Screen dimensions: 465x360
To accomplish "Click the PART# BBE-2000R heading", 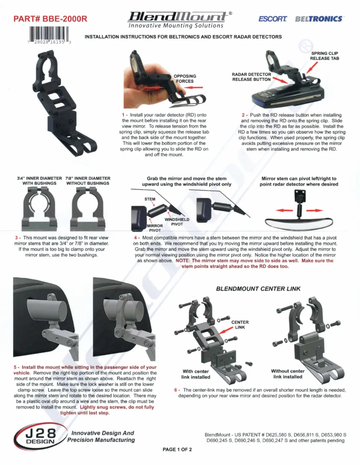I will pyautogui.click(x=50, y=19).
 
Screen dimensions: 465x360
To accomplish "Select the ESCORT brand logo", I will pyautogui.click(x=272, y=19).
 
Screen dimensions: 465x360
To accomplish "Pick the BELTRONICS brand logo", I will pyautogui.click(x=319, y=19).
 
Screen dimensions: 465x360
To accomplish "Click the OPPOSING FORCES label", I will pyautogui.click(x=184, y=78).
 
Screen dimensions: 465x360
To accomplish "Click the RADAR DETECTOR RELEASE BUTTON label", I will pyautogui.click(x=251, y=77).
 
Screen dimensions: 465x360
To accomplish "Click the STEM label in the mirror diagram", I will pyautogui.click(x=149, y=199).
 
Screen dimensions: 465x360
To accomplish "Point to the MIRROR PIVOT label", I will pyautogui.click(x=154, y=228).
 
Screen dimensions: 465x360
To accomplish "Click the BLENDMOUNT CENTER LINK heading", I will pyautogui.click(x=258, y=289).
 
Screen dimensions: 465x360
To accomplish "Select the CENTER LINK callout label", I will pyautogui.click(x=240, y=325).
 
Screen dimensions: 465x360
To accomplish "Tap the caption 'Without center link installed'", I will pyautogui.click(x=288, y=374).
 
